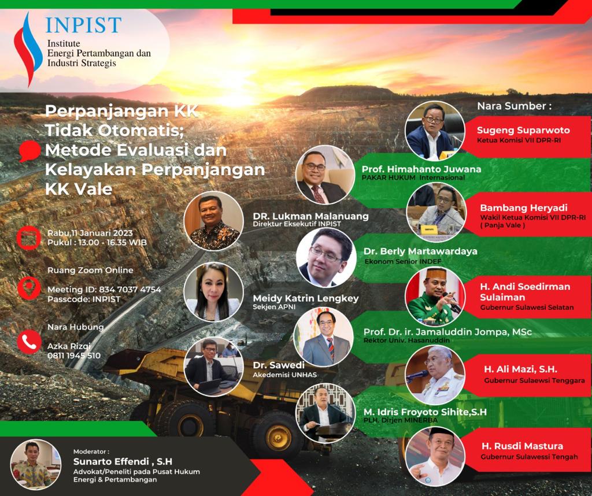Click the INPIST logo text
pos(83,25)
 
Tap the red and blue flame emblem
pos(28,49)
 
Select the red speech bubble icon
pos(30,151)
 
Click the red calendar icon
pos(29,238)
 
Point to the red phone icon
pos(29,342)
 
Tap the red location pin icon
pos(29,288)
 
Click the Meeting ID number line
pos(104,290)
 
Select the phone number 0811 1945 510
pos(74,356)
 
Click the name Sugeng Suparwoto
pos(523,130)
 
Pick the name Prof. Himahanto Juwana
pos(421,169)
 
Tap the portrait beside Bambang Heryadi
pos(436,212)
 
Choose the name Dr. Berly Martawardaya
pos(420,251)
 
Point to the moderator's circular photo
pos(36,464)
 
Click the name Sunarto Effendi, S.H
pos(123,462)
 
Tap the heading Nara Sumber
pos(514,106)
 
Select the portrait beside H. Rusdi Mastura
pos(435,456)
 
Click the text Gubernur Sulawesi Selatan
pos(527,308)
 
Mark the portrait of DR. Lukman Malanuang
pos(214,221)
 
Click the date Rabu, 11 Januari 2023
pos(90,233)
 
